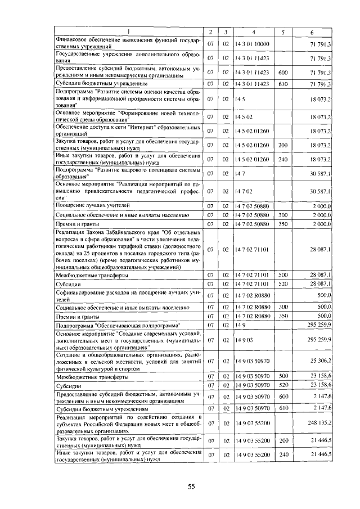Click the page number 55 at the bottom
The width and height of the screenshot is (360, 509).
click(191, 487)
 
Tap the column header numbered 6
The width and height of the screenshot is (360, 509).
click(310, 31)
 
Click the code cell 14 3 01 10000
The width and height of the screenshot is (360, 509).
click(253, 43)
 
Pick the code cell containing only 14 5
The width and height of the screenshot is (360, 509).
click(239, 99)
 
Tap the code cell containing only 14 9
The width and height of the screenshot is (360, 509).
click(240, 325)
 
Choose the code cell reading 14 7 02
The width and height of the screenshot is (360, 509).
click(242, 192)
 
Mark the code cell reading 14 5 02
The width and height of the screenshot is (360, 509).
click(242, 117)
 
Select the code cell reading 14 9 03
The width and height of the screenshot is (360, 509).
click(242, 340)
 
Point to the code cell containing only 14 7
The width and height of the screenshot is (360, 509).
click(239, 174)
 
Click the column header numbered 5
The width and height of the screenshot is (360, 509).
click(283, 31)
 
